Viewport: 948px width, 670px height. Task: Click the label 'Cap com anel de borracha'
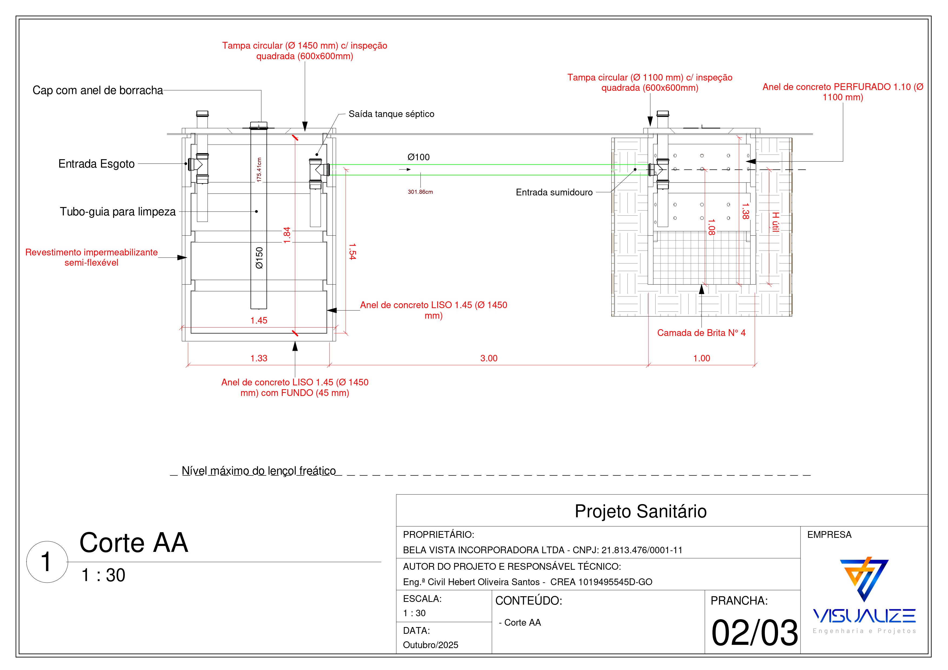(98, 91)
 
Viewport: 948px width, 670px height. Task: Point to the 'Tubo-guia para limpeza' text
(118, 212)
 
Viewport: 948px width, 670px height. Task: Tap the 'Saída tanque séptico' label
(391, 114)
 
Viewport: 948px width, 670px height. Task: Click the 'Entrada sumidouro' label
(554, 192)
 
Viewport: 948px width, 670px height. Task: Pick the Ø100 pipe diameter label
(418, 157)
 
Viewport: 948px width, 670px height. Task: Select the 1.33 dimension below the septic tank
(259, 358)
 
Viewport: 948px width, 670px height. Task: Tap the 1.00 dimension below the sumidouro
(702, 358)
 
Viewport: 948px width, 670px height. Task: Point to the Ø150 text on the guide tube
(259, 258)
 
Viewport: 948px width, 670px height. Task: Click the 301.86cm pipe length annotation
(420, 192)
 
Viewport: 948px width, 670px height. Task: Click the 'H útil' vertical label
(775, 222)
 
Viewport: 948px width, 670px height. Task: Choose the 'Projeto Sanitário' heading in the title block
(640, 511)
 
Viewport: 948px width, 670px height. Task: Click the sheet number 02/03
(754, 633)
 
